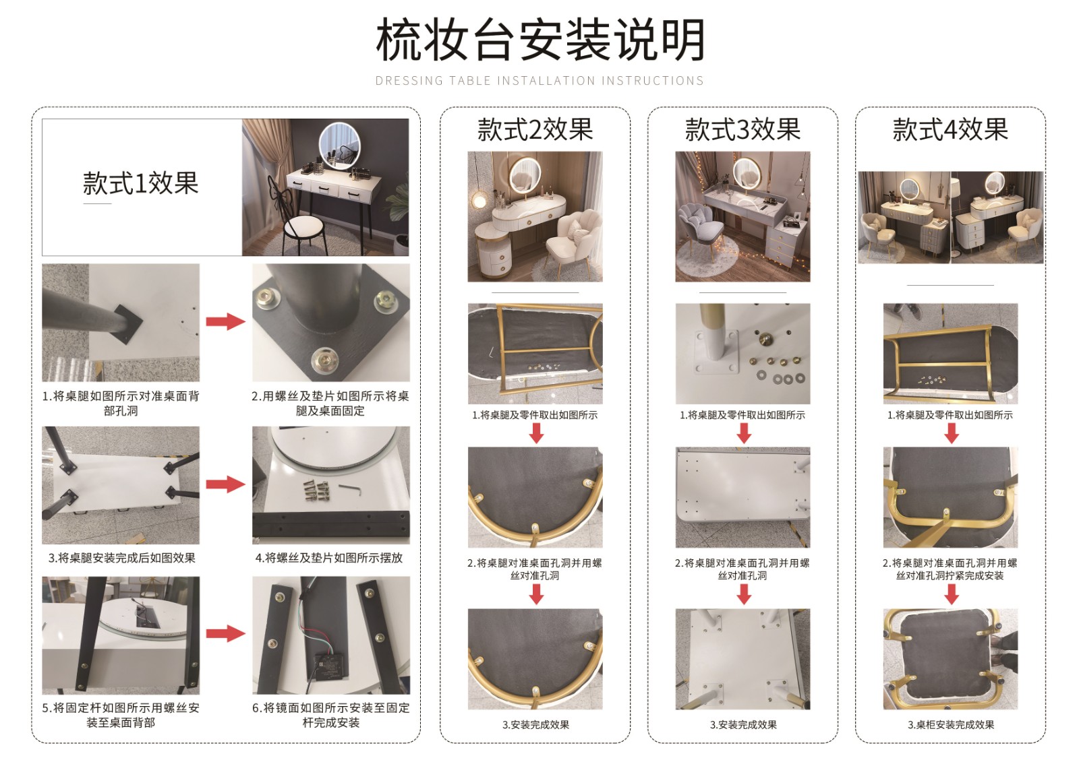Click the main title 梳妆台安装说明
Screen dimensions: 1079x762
[540, 40]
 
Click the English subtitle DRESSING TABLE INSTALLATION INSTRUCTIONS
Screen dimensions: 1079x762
[540, 80]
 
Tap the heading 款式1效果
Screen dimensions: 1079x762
[140, 183]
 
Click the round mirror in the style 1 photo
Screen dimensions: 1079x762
[340, 146]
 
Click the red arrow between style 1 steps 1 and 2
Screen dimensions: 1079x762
[225, 321]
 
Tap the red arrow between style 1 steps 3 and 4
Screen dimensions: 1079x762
[225, 484]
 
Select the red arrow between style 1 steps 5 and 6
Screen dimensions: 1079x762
[225, 633]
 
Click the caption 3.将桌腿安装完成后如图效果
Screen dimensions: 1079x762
[122, 558]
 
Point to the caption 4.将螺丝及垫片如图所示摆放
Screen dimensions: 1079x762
[329, 558]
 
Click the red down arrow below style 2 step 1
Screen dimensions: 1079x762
[536, 433]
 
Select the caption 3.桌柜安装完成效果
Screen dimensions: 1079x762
[951, 724]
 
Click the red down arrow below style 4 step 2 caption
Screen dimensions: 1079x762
[952, 594]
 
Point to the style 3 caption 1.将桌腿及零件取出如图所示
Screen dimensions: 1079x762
[742, 415]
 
